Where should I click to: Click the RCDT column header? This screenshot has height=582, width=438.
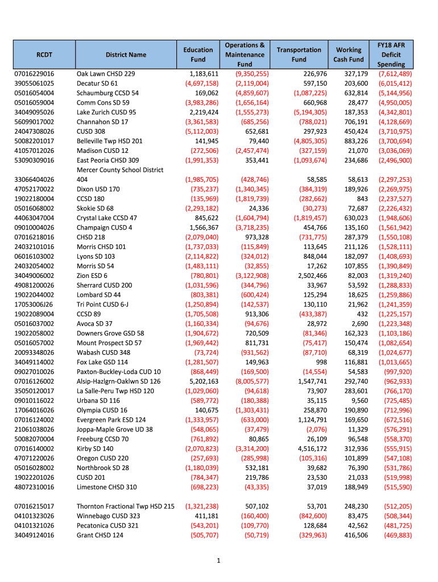pyautogui.click(x=44, y=55)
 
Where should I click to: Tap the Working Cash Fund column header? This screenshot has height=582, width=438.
pyautogui.click(x=349, y=55)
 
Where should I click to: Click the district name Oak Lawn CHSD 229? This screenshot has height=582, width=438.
pyautogui.click(x=106, y=74)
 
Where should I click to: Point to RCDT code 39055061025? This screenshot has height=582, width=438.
pyautogui.click(x=35, y=84)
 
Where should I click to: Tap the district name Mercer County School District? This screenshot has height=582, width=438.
pyautogui.click(x=120, y=170)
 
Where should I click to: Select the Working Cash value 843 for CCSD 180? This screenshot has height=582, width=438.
pyautogui.click(x=361, y=199)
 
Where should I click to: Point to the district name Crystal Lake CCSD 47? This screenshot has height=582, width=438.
pyautogui.click(x=107, y=218)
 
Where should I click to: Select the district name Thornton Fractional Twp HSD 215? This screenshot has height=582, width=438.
pyautogui.click(x=126, y=506)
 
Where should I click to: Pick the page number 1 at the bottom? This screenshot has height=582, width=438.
pyautogui.click(x=218, y=561)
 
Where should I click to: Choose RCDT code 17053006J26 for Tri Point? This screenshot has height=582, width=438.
pyautogui.click(x=35, y=305)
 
